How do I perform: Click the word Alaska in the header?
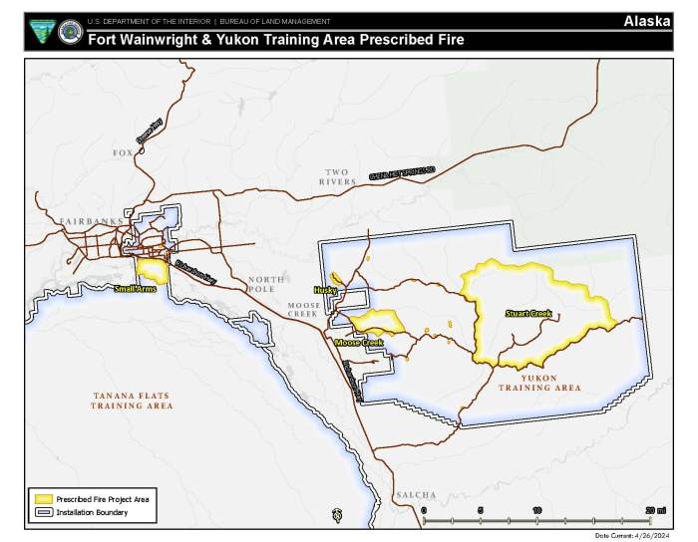(x=647, y=21)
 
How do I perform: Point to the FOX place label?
(x=123, y=152)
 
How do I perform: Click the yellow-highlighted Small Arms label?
(x=135, y=289)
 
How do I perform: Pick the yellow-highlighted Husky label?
(x=326, y=290)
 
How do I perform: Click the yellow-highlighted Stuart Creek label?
(x=527, y=314)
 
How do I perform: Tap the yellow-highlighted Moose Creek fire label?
(x=359, y=343)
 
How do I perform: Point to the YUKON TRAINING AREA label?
(x=539, y=383)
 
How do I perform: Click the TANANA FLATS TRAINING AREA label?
(x=131, y=402)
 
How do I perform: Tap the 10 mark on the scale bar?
(x=537, y=510)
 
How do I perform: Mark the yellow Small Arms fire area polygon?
(x=151, y=269)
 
